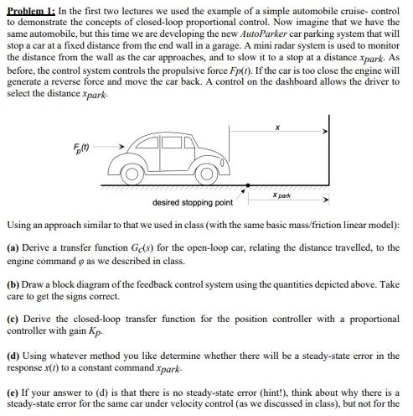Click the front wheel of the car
point(206,174)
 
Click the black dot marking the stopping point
point(246,185)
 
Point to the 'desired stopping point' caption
point(193,202)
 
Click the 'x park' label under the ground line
point(281,195)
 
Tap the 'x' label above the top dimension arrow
point(276,128)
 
